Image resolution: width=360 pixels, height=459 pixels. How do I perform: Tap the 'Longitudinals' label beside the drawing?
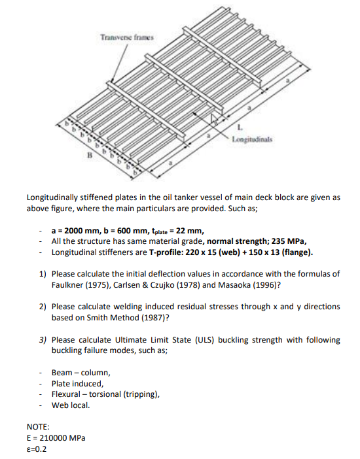tap(255, 139)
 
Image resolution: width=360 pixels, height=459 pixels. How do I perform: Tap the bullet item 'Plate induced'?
tap(77, 384)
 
